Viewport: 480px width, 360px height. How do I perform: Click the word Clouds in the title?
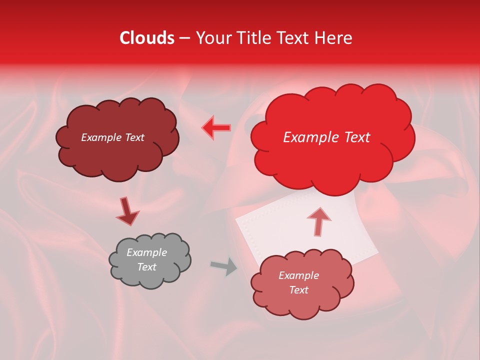147,38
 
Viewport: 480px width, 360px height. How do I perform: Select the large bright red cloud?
332,160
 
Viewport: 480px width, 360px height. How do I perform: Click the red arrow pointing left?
216,128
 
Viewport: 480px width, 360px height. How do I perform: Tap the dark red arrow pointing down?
127,211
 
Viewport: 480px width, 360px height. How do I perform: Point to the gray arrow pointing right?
224,266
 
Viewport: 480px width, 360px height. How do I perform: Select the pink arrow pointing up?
318,221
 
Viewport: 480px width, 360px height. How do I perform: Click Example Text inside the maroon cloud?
112,137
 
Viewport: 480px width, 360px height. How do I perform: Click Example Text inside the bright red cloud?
326,137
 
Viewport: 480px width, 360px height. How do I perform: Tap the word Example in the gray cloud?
146,252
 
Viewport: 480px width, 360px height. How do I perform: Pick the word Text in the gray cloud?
146,267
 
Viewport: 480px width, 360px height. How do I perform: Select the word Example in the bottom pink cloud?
298,275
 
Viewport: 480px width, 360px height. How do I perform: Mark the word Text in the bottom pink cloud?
298,290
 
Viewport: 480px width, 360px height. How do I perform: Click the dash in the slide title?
184,38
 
